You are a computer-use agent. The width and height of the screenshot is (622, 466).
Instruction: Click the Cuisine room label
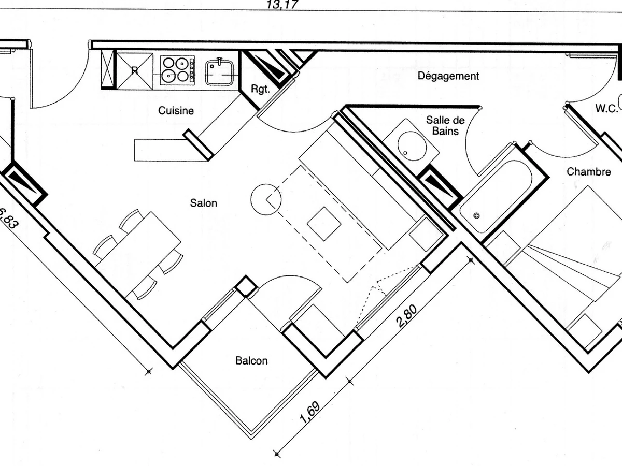[176, 110]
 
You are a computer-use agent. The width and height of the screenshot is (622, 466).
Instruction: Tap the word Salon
[204, 203]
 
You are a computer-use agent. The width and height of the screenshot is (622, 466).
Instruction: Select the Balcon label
[251, 360]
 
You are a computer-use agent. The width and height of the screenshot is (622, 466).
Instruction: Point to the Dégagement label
[448, 76]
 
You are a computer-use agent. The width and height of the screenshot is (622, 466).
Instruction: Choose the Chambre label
[588, 171]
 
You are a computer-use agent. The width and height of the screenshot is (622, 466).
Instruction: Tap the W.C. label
[606, 108]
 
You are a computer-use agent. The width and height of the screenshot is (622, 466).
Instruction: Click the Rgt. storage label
[260, 89]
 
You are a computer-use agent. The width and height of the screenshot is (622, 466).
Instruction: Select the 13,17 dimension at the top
[282, 5]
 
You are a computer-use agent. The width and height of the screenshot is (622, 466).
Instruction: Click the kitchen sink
[221, 71]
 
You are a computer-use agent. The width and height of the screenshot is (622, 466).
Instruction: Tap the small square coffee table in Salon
[324, 224]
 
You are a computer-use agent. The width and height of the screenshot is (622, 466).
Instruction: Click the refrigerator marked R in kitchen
[135, 69]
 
